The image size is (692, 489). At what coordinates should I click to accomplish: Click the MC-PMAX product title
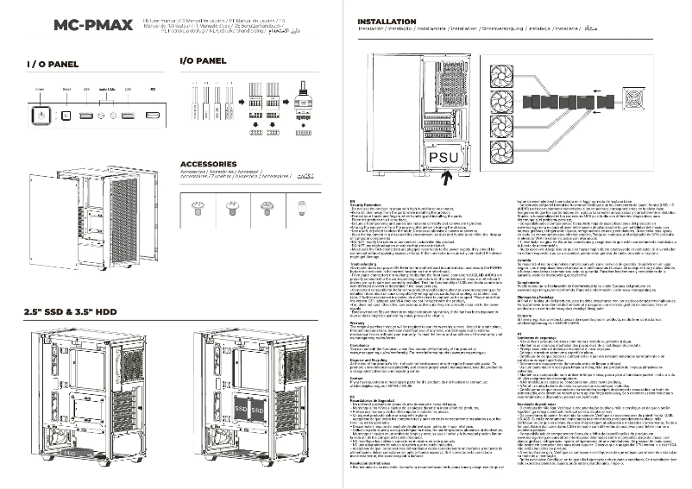click(x=92, y=24)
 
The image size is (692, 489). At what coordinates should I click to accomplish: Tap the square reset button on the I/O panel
click(x=66, y=115)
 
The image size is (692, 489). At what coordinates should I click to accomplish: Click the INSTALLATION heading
click(x=386, y=21)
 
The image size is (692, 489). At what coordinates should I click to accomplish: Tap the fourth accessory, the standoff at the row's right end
click(x=301, y=205)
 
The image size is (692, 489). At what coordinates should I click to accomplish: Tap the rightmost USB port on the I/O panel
click(x=153, y=115)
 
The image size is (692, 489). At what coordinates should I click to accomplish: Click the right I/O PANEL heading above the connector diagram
click(x=203, y=61)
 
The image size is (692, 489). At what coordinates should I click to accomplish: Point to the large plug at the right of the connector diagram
click(x=305, y=105)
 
